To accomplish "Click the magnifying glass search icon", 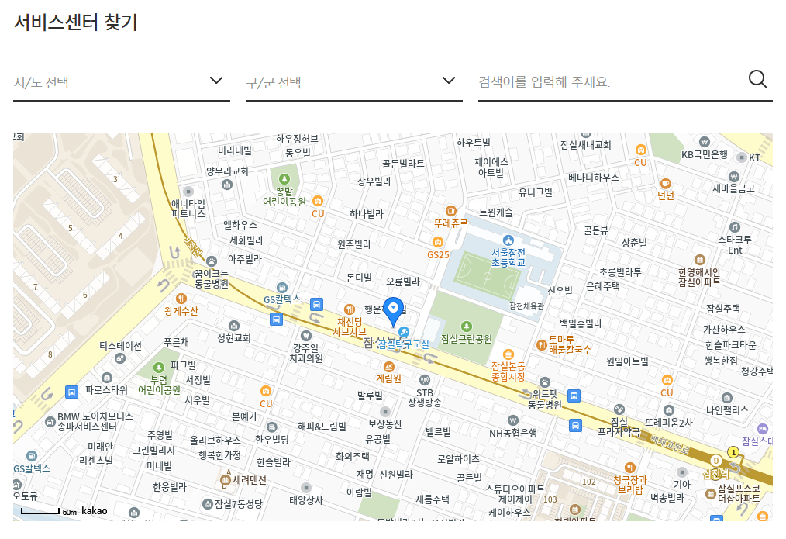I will click(757, 79).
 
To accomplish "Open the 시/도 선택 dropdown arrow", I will click(217, 81).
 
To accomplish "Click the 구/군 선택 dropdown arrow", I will click(448, 81).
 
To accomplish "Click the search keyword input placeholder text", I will click(545, 82).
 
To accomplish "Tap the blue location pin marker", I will click(394, 310).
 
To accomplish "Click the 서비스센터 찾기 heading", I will click(75, 22).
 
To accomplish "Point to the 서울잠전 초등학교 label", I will click(508, 257).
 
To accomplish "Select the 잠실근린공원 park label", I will click(466, 339).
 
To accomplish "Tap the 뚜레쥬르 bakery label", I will click(451, 223).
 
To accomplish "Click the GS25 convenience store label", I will click(438, 254).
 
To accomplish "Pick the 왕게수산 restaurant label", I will click(181, 311).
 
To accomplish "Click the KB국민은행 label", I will click(704, 154).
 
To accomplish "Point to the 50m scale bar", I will click(41, 512).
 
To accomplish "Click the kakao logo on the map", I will click(94, 511).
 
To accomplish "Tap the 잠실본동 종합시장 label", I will click(508, 371).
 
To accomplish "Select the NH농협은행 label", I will click(512, 432).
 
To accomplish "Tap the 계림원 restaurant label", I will click(388, 378).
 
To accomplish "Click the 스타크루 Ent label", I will click(735, 244).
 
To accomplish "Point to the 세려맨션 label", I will click(249, 480).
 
